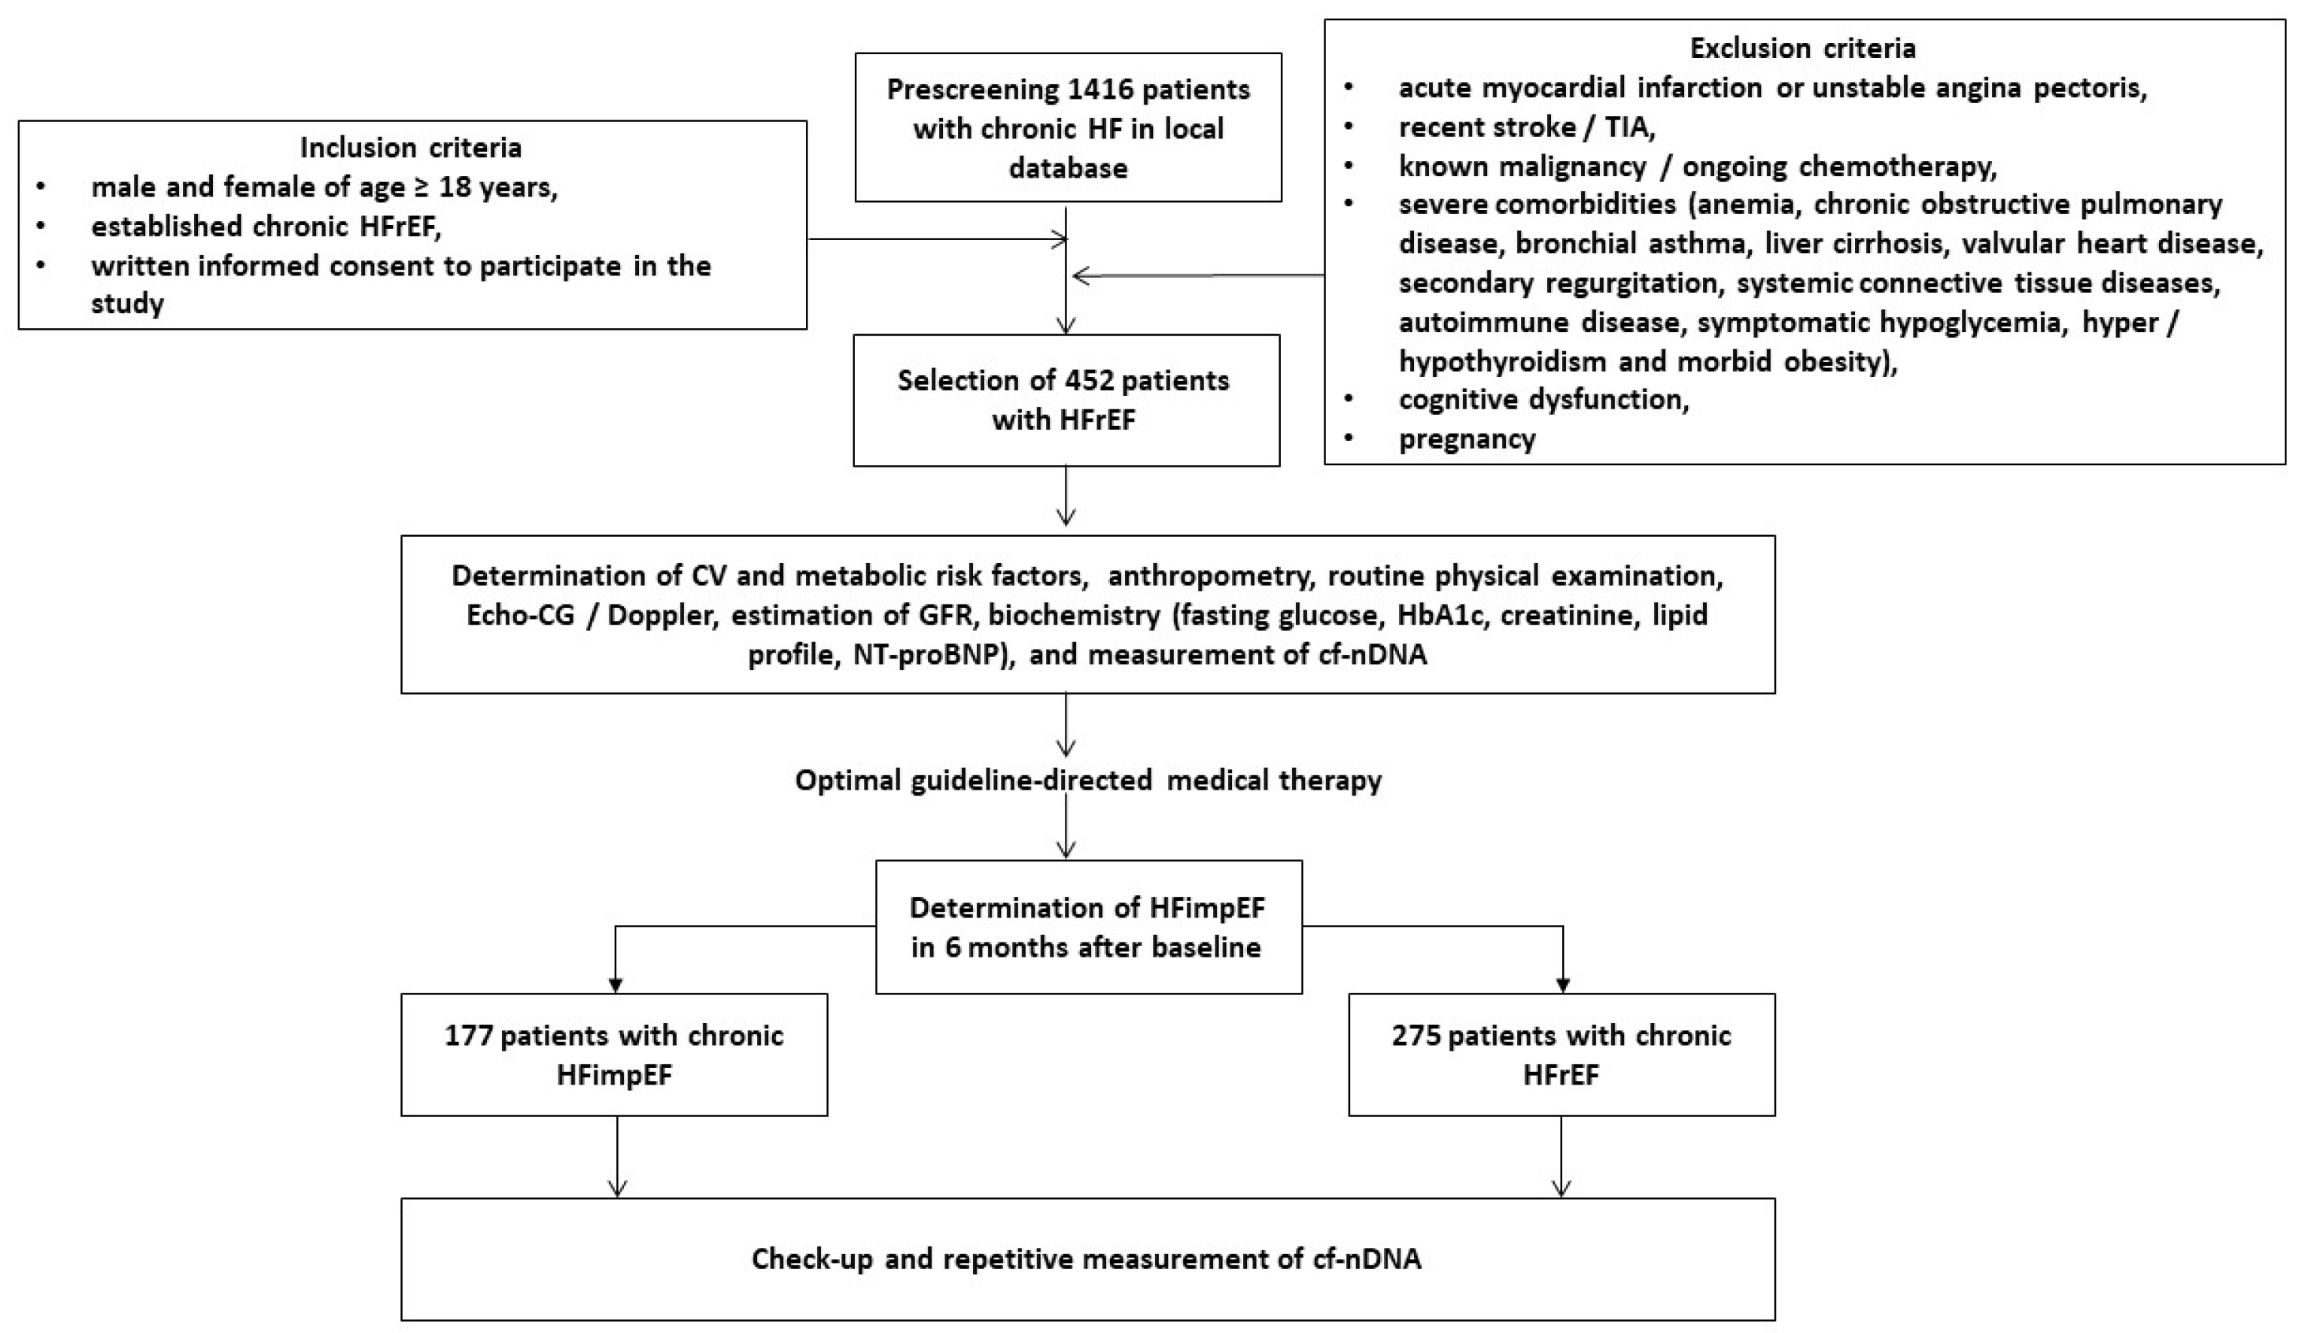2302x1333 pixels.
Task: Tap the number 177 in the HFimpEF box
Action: [x=469, y=1035]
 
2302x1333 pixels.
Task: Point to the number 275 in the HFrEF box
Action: [x=1416, y=1035]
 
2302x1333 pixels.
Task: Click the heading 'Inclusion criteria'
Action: [x=411, y=147]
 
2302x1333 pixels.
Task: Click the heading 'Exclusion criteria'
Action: [x=1802, y=47]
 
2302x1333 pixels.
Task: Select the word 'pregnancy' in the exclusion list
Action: [x=1467, y=440]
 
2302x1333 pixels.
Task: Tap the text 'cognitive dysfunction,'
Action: [x=1543, y=399]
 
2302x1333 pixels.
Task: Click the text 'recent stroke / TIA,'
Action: [x=1526, y=127]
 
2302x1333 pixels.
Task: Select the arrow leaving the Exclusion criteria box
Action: [x=1197, y=275]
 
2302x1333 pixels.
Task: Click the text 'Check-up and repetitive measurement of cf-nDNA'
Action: [x=1086, y=1259]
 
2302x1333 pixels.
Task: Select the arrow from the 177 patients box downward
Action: [x=618, y=1156]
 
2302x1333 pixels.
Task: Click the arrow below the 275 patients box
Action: [x=1562, y=1156]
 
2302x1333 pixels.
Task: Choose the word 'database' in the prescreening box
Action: [x=1068, y=168]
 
